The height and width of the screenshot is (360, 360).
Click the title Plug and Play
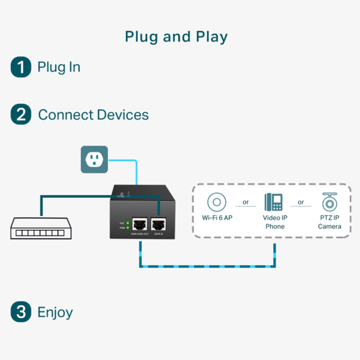tap(176, 37)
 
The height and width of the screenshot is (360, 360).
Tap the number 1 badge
tap(21, 68)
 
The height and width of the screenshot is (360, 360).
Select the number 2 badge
tap(21, 115)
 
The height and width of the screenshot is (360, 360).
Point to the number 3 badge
tap(21, 312)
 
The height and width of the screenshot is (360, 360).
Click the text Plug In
tap(59, 68)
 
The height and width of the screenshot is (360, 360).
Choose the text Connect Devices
tap(93, 115)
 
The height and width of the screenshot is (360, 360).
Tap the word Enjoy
tap(55, 312)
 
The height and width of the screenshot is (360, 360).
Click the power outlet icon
tap(94, 160)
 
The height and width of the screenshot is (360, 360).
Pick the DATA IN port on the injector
tap(159, 225)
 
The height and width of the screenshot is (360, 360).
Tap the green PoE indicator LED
tap(127, 223)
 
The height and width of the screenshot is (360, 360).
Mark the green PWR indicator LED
tap(127, 228)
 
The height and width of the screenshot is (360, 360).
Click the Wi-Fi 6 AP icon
tap(217, 202)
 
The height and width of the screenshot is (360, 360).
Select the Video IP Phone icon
tap(274, 202)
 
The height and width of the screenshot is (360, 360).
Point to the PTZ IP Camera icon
tap(330, 202)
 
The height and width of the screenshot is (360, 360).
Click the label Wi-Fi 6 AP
tap(217, 218)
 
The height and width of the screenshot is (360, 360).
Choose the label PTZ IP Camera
tap(330, 222)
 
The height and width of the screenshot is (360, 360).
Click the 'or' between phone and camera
tap(301, 202)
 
